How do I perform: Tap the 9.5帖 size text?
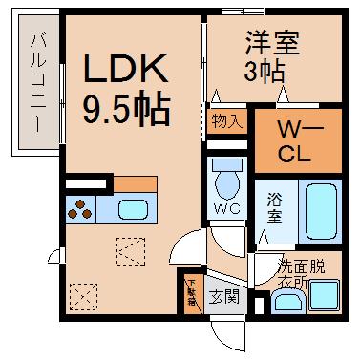coord(125,108)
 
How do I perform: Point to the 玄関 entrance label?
coord(225,296)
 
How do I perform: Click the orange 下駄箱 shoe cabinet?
coord(190,290)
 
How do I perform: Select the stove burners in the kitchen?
coord(80,209)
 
